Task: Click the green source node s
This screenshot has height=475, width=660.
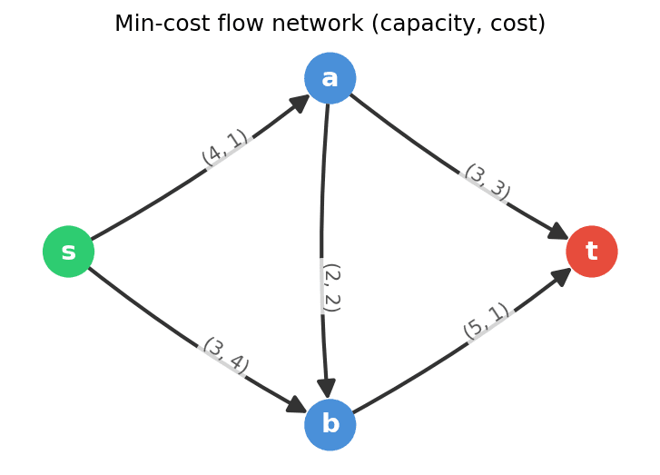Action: coord(68,252)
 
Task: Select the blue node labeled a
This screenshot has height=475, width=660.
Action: coord(330,78)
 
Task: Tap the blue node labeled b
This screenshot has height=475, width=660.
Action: coord(330,424)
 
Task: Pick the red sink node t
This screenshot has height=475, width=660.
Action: coord(591,252)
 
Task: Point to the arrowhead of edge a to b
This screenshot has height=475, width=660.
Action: coord(327,388)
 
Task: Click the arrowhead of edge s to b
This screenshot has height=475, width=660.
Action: coord(296,405)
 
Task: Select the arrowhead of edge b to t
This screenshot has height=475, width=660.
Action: coord(561,275)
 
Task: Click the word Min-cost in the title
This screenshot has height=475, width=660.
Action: coord(154,24)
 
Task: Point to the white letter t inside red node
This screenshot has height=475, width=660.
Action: coord(591,252)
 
